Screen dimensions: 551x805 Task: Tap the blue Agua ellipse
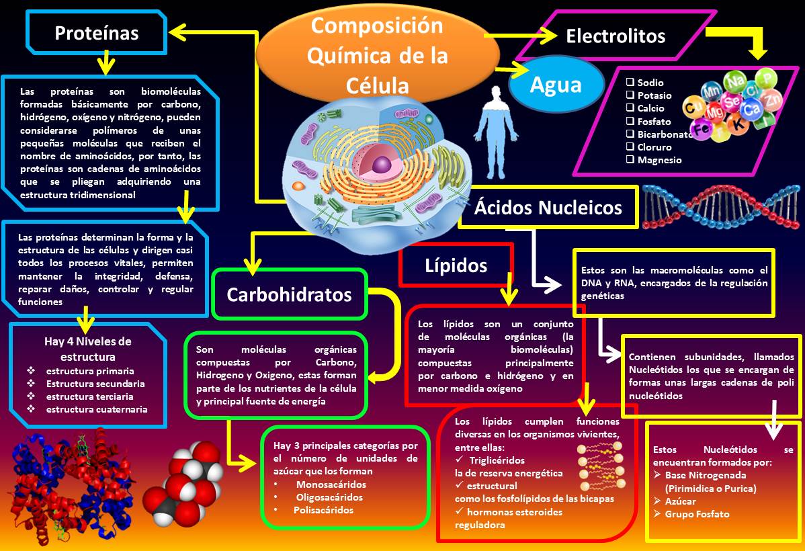pyautogui.click(x=555, y=84)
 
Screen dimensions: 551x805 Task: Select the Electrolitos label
pyautogui.click(x=616, y=36)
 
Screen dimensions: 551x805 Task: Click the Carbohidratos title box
pyautogui.click(x=289, y=294)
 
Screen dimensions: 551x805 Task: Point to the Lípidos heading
pyautogui.click(x=456, y=265)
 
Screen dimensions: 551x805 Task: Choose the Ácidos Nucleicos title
pyautogui.click(x=548, y=208)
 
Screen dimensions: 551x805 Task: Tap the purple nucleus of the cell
pyautogui.click(x=382, y=164)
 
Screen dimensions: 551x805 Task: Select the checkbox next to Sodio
pyautogui.click(x=630, y=82)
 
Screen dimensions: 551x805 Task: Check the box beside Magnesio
pyautogui.click(x=630, y=160)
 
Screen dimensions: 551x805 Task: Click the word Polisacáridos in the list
pyautogui.click(x=323, y=510)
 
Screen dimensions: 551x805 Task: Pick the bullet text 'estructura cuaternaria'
pyautogui.click(x=97, y=409)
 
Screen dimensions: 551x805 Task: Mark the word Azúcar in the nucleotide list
pyautogui.click(x=681, y=501)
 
